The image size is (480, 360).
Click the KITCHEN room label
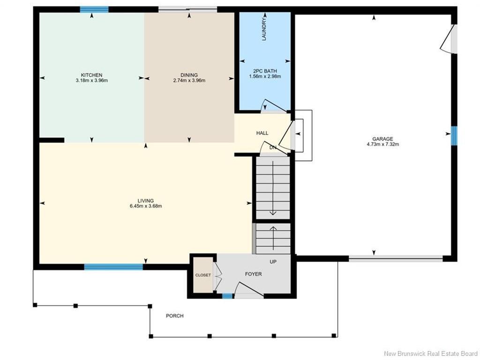click(91, 75)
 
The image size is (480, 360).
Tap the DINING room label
click(189, 75)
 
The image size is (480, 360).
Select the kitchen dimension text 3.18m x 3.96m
click(91, 81)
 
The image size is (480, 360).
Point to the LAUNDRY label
click(264, 29)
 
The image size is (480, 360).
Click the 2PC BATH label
click(265, 71)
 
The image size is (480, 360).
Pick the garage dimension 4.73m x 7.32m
click(382, 144)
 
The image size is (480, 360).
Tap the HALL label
click(262, 133)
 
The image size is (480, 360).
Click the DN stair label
click(273, 148)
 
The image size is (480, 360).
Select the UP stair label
click(273, 262)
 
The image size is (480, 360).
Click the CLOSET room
click(203, 275)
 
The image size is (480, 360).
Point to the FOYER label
click(254, 274)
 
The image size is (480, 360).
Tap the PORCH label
click(175, 315)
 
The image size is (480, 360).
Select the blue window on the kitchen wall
click(94, 9)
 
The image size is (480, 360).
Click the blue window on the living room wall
click(113, 267)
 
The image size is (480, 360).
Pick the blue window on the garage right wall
click(454, 135)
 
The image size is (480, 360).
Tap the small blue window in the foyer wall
click(227, 296)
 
